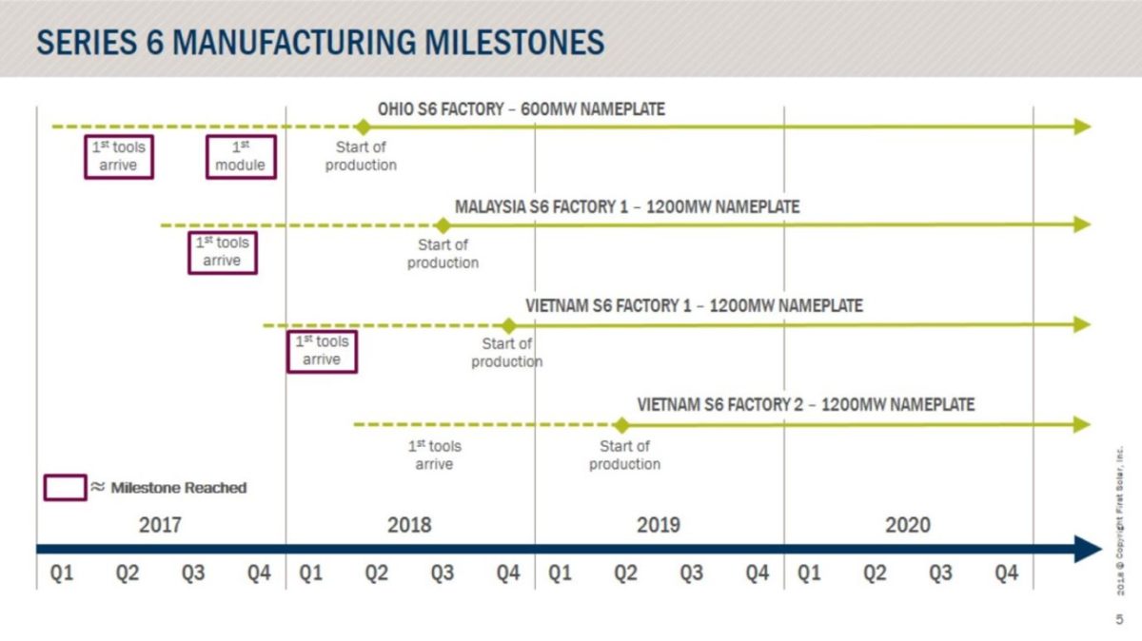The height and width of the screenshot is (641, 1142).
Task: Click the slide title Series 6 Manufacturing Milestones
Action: pyautogui.click(x=320, y=43)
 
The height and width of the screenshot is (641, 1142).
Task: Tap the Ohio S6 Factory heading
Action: pyautogui.click(x=521, y=109)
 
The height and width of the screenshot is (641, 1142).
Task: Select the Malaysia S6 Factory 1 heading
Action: pyautogui.click(x=627, y=206)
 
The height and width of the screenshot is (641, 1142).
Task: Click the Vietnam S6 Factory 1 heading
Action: pyautogui.click(x=694, y=306)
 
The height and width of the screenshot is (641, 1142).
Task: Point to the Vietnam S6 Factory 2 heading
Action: pyautogui.click(x=805, y=405)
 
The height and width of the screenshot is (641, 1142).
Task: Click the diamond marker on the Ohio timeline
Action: pyautogui.click(x=362, y=126)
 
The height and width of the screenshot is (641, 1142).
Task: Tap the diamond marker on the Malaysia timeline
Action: pyautogui.click(x=443, y=225)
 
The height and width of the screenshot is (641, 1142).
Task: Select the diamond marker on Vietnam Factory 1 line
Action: pyautogui.click(x=509, y=325)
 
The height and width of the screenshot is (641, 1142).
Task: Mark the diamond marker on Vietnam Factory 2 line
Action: pyautogui.click(x=621, y=425)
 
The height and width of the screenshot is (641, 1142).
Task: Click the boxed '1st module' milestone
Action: pyautogui.click(x=241, y=157)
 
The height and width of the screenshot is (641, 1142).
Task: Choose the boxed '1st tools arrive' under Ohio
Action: pyautogui.click(x=119, y=157)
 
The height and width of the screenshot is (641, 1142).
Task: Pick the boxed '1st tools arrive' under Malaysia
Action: pyautogui.click(x=222, y=252)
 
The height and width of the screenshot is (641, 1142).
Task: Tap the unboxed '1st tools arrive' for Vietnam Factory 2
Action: pyautogui.click(x=434, y=456)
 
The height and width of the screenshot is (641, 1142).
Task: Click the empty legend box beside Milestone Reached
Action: pyautogui.click(x=65, y=488)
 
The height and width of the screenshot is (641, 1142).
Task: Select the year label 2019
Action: pyautogui.click(x=659, y=525)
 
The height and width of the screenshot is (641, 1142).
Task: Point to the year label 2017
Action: pyautogui.click(x=160, y=525)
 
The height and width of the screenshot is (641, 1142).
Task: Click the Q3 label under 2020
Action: pyautogui.click(x=940, y=573)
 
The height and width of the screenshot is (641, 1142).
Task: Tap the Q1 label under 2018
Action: pyautogui.click(x=311, y=573)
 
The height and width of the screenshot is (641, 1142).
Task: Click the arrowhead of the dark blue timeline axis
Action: pyautogui.click(x=1088, y=549)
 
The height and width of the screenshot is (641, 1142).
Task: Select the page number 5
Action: pyautogui.click(x=1119, y=619)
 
